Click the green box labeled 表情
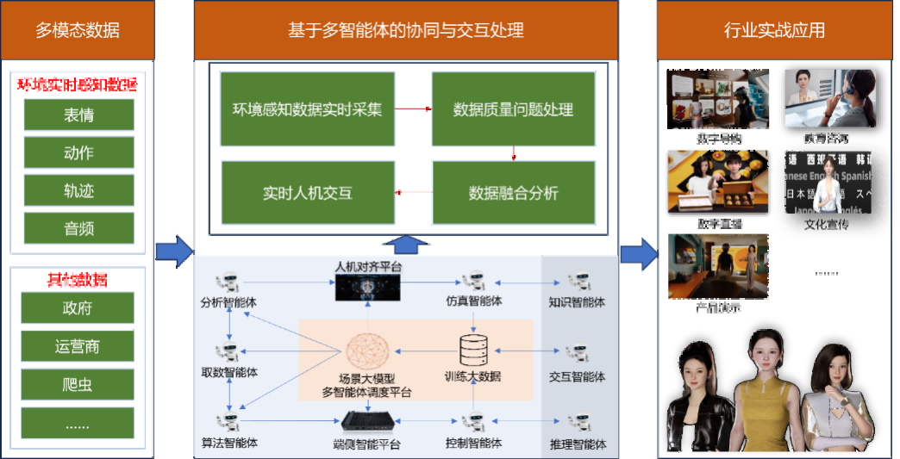pyautogui.click(x=78, y=115)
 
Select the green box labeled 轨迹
pyautogui.click(x=78, y=190)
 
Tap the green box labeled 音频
pyautogui.click(x=78, y=228)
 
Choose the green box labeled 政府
pyautogui.click(x=78, y=308)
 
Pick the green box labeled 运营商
pyautogui.click(x=78, y=346)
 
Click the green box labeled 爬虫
pyautogui.click(x=78, y=385)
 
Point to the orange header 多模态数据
pyautogui.click(x=78, y=31)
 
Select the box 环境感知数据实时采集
pyautogui.click(x=307, y=109)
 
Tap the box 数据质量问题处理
pyautogui.click(x=513, y=109)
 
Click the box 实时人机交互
pyautogui.click(x=307, y=192)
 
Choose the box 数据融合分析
pyautogui.click(x=513, y=192)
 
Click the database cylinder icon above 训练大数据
pyautogui.click(x=472, y=349)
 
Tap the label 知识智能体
pyautogui.click(x=577, y=302)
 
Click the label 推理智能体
pyautogui.click(x=577, y=444)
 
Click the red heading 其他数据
pyautogui.click(x=78, y=281)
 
